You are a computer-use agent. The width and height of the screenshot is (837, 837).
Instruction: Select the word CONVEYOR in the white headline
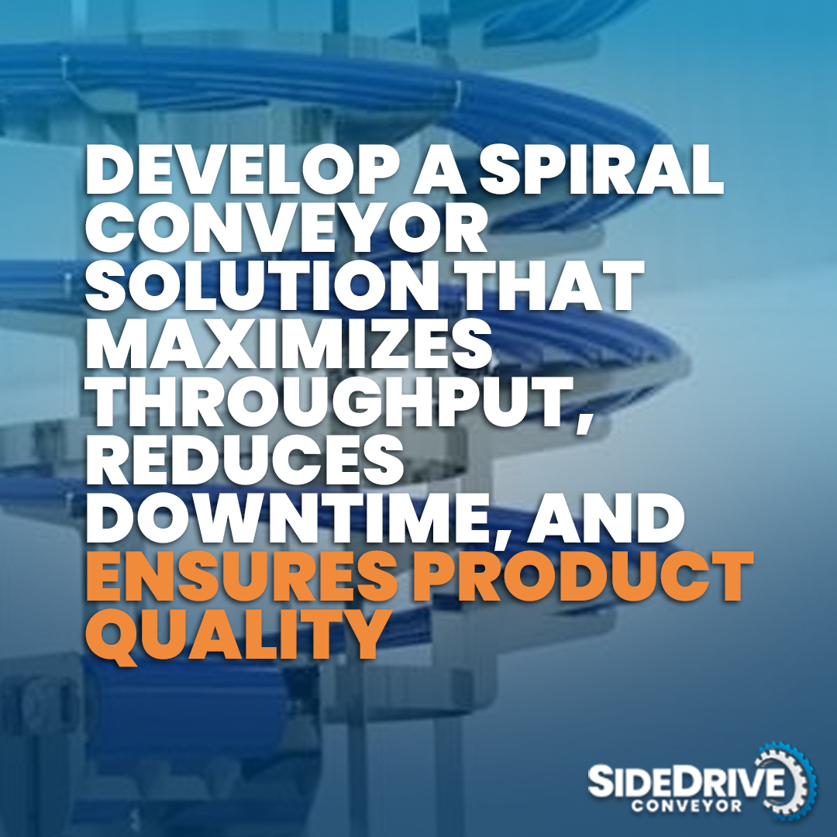[286, 230]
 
